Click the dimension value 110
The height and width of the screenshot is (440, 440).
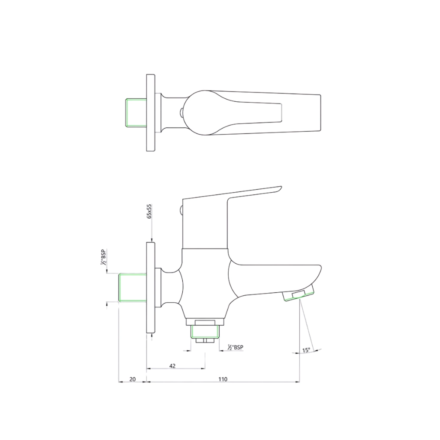[223, 379]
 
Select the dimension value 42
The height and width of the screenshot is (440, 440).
[172, 366]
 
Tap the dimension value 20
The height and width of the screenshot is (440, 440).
[133, 379]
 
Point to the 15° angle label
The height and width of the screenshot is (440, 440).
[306, 350]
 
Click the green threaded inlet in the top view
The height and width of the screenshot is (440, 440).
[136, 113]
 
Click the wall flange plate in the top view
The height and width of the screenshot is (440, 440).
[151, 113]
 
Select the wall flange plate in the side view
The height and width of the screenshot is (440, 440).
[151, 288]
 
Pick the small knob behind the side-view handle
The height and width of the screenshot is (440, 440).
[181, 211]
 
